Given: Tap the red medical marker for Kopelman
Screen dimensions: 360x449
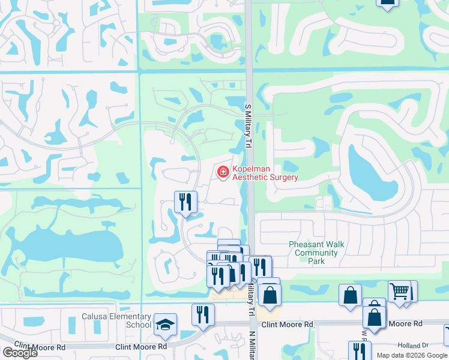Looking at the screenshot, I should (x=223, y=173).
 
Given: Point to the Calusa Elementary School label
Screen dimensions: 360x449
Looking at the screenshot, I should (x=116, y=320).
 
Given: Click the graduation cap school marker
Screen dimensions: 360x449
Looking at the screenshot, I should (x=165, y=325).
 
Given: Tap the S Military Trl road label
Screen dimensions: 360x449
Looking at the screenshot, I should (x=247, y=126).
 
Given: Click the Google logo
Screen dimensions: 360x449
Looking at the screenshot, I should (x=19, y=353).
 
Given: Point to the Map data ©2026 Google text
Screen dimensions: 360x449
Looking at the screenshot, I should (x=412, y=355).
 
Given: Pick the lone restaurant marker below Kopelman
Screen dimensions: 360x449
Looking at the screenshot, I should (x=185, y=201).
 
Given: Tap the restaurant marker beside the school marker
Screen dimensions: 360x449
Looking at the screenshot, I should (x=203, y=314).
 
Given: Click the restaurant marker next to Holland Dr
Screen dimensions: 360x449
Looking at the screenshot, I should (x=360, y=350).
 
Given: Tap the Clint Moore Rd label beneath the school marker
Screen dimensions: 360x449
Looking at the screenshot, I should (x=142, y=347).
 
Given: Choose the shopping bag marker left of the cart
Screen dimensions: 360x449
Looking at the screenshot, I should (x=350, y=295).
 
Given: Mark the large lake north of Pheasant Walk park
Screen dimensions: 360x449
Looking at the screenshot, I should (x=372, y=174).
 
